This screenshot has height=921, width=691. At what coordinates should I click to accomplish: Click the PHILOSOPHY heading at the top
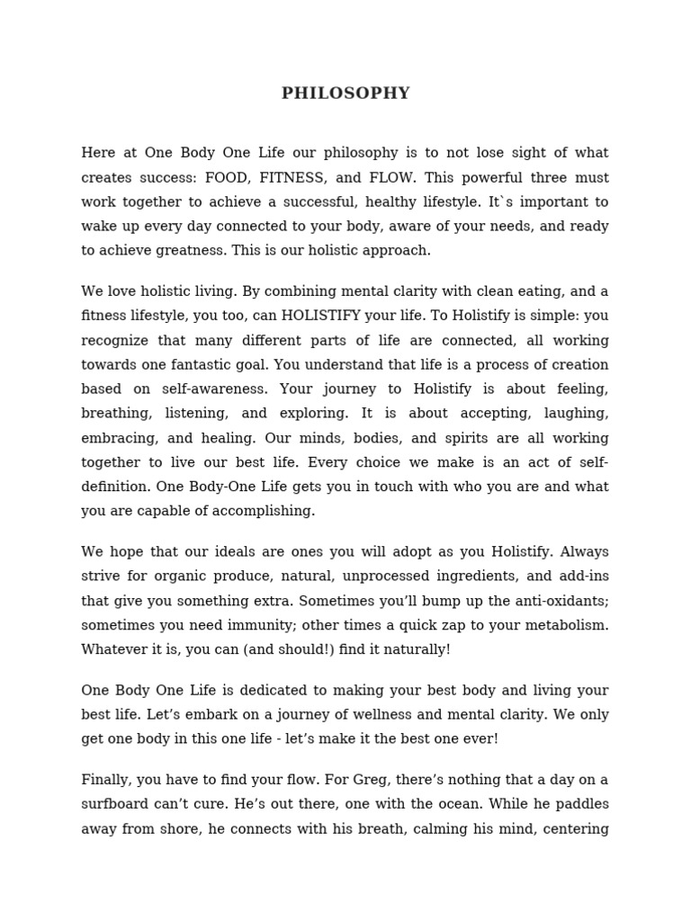345,94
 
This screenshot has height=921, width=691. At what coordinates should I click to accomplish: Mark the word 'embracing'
114,438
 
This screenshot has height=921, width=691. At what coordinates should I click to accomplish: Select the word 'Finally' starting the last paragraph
105,780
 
